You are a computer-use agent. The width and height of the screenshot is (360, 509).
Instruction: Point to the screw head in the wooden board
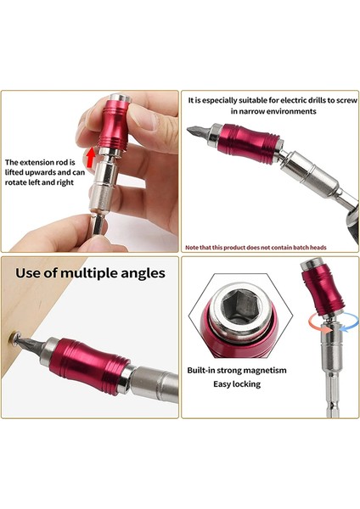(x=14, y=338)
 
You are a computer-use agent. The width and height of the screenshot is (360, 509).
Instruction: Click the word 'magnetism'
(x=261, y=370)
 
